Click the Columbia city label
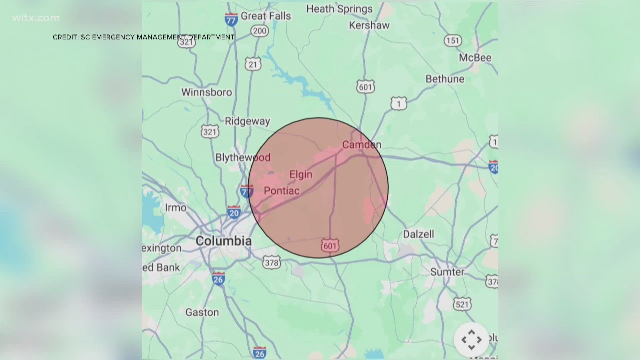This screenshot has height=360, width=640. [223, 241]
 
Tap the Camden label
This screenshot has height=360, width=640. [362, 145]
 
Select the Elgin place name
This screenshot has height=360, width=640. [301, 174]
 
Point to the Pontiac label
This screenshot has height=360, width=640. [282, 191]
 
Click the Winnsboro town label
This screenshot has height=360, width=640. [206, 92]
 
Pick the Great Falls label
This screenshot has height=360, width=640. [266, 16]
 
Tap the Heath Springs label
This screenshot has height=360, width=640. [339, 9]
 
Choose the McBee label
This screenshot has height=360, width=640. [475, 58]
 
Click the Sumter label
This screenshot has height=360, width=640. [447, 272]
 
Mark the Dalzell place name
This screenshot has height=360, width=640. [418, 234]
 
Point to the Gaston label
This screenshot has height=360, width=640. [202, 312]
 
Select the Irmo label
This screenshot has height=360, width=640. [176, 208]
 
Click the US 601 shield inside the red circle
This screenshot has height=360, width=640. [330, 246]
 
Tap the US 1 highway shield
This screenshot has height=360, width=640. [399, 104]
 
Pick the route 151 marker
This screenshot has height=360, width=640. [453, 41]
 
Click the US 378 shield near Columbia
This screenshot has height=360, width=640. [272, 263]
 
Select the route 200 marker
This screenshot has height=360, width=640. [259, 31]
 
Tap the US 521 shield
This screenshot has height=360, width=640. [462, 304]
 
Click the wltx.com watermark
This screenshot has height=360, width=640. [36, 18]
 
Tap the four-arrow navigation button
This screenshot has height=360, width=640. [471, 340]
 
